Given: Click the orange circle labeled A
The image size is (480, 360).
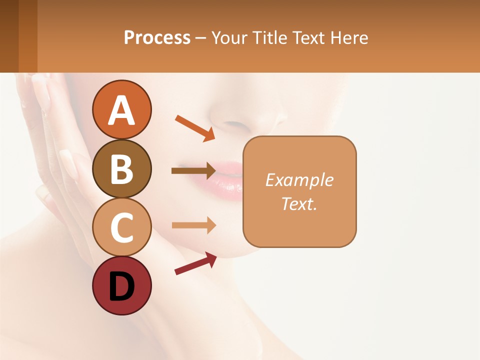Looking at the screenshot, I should [x=122, y=110].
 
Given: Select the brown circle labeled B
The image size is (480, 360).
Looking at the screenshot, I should [x=122, y=168].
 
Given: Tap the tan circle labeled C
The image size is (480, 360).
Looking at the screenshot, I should [x=122, y=227].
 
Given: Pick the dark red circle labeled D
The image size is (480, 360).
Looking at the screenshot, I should [x=122, y=285].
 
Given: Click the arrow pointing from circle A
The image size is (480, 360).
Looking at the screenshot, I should [x=195, y=127].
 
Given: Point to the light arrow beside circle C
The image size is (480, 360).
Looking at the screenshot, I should [x=194, y=225].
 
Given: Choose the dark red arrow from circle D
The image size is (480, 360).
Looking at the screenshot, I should [x=195, y=263].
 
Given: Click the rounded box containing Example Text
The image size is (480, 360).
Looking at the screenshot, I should [x=299, y=191].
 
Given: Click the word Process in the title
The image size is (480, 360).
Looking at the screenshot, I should [x=157, y=37].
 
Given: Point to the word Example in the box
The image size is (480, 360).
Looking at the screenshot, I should [x=299, y=180].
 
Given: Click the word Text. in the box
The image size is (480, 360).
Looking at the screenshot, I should [x=299, y=203].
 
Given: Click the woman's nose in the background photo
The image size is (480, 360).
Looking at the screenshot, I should [x=232, y=117].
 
